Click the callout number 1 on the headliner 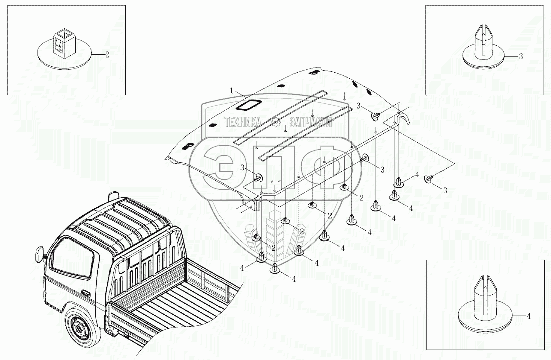pos(231,90)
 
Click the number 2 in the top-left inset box pos(107,55)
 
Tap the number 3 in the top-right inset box pos(521,56)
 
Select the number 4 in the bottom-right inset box pos(529,316)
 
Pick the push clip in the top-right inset pos(483,49)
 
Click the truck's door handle pos(85,293)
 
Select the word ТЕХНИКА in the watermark pos(243,122)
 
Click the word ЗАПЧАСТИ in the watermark pos(310,122)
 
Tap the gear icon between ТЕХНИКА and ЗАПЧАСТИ pos(275,122)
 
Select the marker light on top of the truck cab pos(113,195)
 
